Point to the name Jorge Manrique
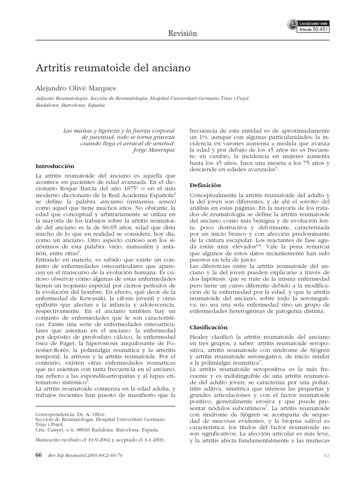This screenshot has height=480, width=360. coord(154,150)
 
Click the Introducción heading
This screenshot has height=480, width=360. coord(55,166)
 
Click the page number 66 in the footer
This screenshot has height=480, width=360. coord(39,455)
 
